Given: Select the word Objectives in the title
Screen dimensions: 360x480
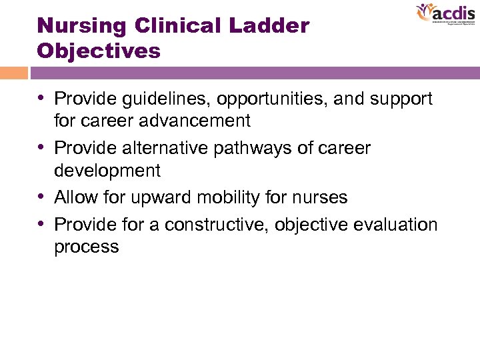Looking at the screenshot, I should coord(99,51).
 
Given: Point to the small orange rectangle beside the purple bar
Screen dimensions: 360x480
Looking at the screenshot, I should coord(13,73).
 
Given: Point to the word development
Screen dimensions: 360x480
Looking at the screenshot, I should coord(107,171).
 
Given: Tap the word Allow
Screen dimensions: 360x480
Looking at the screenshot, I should coord(75,197).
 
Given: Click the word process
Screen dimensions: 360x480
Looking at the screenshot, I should coord(87,247).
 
